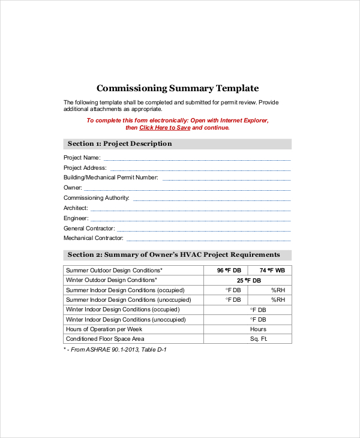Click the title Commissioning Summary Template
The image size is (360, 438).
coord(178,88)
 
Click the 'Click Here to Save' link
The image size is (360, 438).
coord(165,128)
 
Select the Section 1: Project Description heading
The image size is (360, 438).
coord(120,144)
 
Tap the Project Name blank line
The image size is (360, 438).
coord(197,158)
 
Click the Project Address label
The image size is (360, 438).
coord(85,168)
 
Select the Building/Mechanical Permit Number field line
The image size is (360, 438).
coord(226,178)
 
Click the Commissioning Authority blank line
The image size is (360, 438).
coord(211,198)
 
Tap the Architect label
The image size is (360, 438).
coord(76,208)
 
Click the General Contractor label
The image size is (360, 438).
coord(89,229)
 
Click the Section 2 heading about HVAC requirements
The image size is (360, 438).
coord(174,255)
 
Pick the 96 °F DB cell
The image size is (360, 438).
coord(229,271)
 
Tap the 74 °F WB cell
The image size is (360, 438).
coord(271,271)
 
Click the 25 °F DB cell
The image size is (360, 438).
coord(248,280)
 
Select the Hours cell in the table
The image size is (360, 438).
coord(258,329)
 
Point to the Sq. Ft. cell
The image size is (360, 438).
coord(258,339)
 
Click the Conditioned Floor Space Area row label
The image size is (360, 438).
coord(105,339)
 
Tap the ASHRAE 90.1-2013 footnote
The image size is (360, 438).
coord(115,349)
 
